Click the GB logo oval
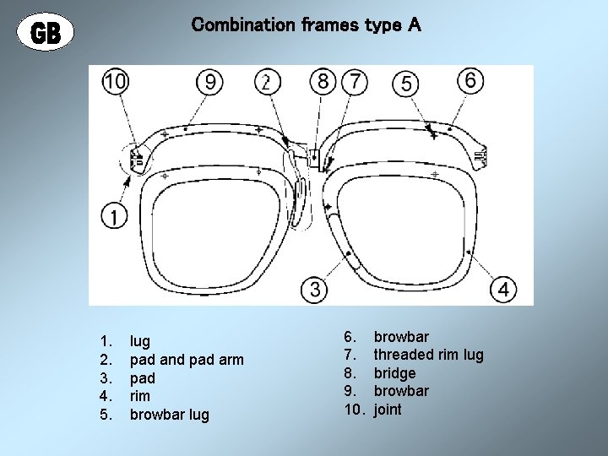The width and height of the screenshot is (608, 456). [46, 33]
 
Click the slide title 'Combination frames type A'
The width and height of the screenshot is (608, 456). [306, 25]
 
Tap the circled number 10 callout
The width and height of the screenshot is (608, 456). [116, 81]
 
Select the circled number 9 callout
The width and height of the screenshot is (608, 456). [211, 81]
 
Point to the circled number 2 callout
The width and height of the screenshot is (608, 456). [267, 81]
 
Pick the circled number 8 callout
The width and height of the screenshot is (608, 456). [323, 81]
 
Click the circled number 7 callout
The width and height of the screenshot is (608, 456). [356, 81]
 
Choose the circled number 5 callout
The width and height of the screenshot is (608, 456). [407, 83]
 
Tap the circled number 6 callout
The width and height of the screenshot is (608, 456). [470, 80]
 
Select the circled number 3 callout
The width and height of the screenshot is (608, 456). [314, 289]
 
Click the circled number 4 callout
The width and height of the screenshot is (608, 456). [504, 289]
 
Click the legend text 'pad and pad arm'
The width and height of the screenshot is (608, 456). [186, 360]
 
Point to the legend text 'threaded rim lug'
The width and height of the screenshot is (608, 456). [428, 355]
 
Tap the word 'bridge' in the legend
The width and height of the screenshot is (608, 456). [394, 373]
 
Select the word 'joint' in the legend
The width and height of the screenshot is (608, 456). [388, 410]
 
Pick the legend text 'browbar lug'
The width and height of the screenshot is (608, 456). [168, 415]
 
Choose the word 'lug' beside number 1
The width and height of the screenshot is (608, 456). [139, 341]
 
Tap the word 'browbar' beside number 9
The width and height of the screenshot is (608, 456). [401, 391]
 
